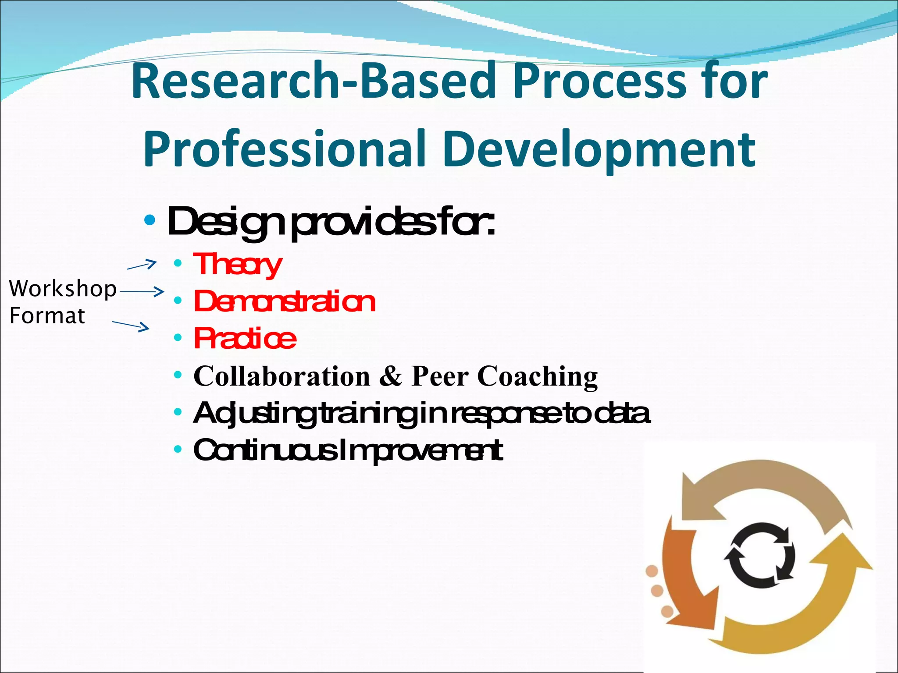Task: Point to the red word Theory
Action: pos(237,265)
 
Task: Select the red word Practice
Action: pos(245,339)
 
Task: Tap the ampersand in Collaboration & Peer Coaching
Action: pos(390,376)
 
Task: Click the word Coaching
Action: pos(537,376)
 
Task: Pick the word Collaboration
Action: pos(282,376)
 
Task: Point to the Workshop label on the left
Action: pos(63,289)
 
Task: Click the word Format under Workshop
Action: pos(47,316)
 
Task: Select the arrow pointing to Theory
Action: pos(142,265)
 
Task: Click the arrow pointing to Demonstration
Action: pos(142,291)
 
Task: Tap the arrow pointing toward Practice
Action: pos(131,326)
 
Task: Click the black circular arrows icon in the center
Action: pos(759,555)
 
